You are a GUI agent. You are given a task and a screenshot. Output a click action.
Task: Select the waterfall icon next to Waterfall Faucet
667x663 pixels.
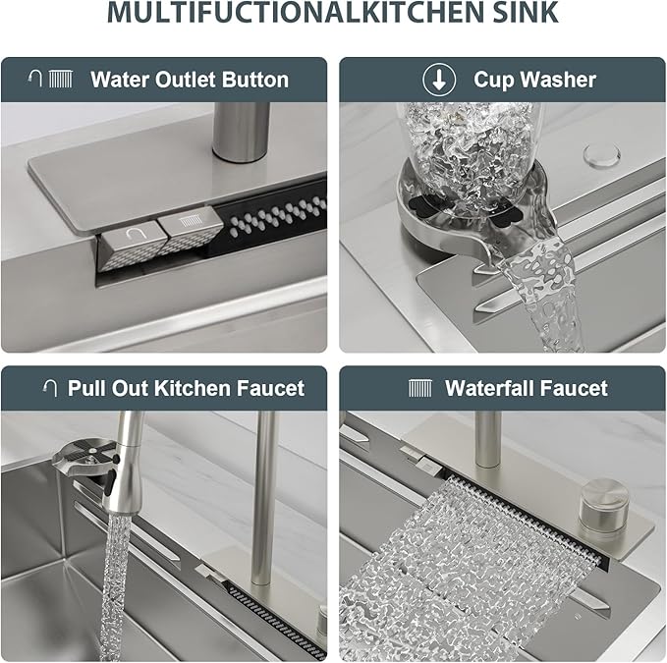[x=419, y=388]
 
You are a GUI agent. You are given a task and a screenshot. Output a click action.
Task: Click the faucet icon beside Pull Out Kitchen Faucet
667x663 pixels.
[x=49, y=388]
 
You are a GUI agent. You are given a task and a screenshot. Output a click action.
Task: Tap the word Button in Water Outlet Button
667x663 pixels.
[x=254, y=80]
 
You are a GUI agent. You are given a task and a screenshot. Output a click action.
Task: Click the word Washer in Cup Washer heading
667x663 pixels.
[x=562, y=80]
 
